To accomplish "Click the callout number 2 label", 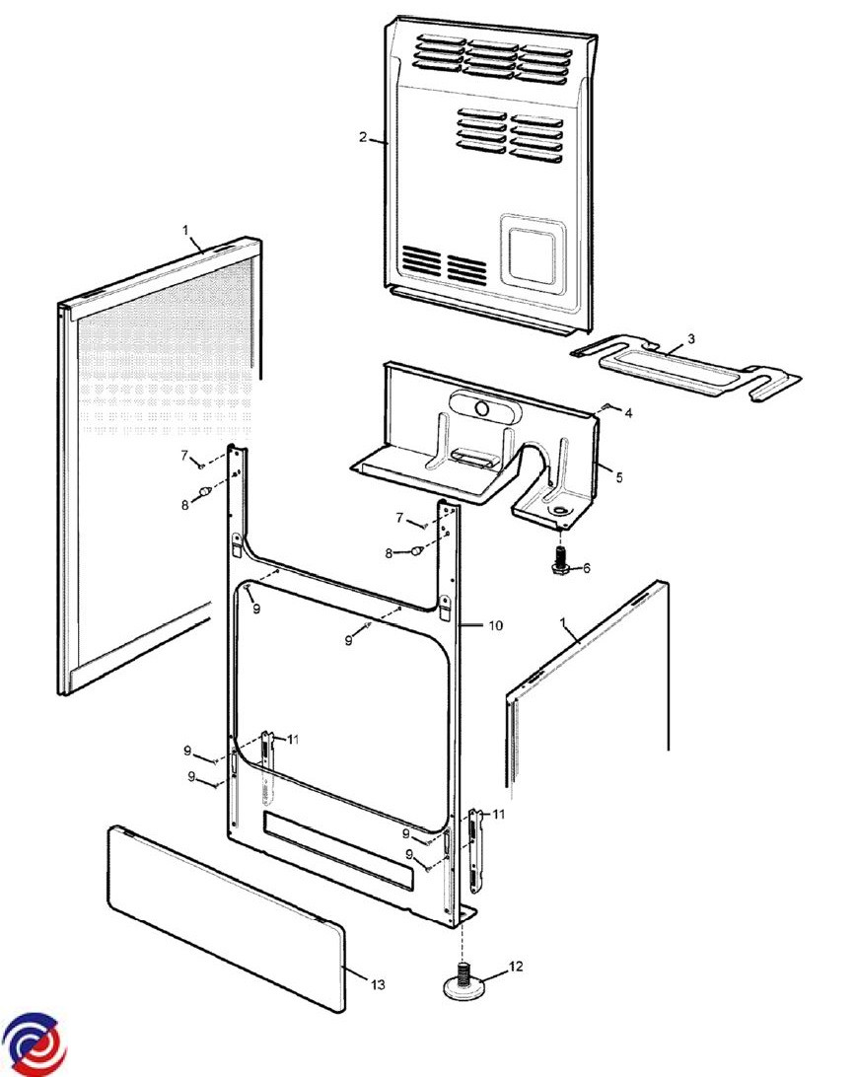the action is click(x=363, y=137).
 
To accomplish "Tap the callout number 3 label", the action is click(x=691, y=338).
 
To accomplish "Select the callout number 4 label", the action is click(x=628, y=413).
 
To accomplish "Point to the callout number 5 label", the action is click(x=619, y=476).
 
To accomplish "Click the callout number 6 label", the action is click(x=587, y=568).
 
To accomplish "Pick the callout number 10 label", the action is click(x=495, y=625).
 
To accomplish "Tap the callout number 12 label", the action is click(x=516, y=966).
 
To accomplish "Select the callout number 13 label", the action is click(x=379, y=985).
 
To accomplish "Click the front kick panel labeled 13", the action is click(x=227, y=917).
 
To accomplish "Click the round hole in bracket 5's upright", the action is click(x=483, y=409).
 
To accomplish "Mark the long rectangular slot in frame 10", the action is click(x=338, y=850).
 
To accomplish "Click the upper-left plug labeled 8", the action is click(x=204, y=492).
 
